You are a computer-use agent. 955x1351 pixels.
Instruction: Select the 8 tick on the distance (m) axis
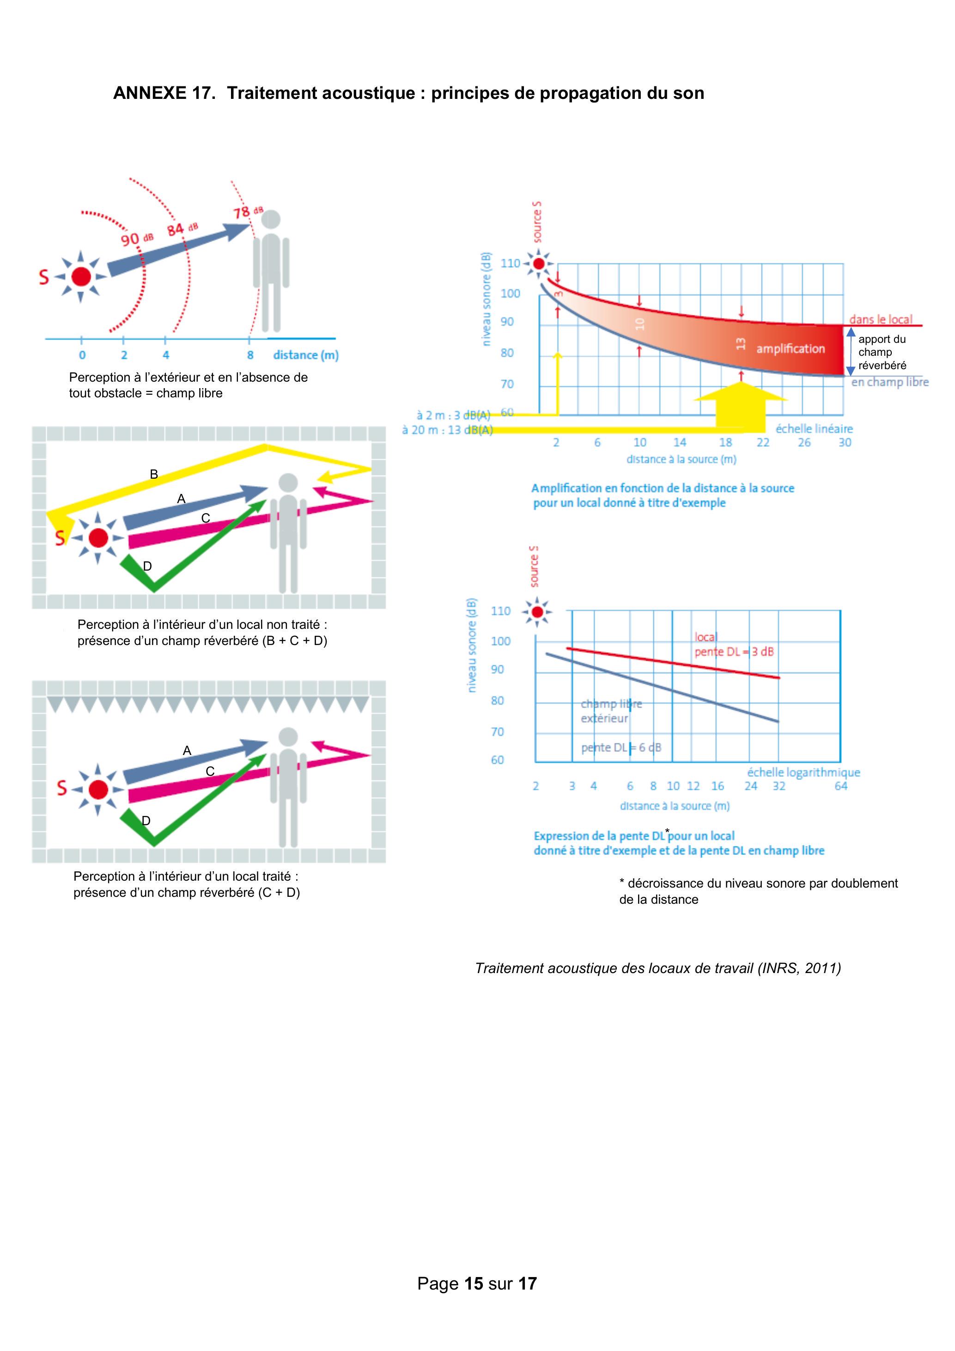pos(250,355)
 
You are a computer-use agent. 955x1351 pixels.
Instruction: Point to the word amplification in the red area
pos(790,348)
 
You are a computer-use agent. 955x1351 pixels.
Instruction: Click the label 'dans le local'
pos(880,320)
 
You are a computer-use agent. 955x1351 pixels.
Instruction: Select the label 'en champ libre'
pos(890,382)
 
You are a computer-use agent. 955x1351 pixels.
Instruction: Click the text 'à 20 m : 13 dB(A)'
pos(447,430)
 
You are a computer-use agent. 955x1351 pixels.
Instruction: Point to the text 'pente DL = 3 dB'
pos(734,652)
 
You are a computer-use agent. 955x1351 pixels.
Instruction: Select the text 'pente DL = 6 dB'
pos(621,748)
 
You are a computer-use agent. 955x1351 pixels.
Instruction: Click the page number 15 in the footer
pos(473,1284)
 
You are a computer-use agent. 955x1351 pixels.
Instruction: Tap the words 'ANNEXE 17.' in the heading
pos(164,93)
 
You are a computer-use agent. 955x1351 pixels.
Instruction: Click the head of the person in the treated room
pos(288,736)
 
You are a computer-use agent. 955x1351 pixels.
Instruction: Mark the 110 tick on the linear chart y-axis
pos(510,263)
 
